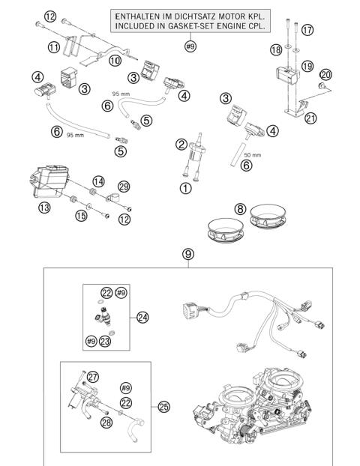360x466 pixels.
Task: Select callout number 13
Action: tap(44, 208)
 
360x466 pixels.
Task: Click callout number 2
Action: tap(181, 145)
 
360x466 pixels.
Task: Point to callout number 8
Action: tap(241, 209)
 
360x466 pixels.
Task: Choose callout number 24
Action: tap(142, 318)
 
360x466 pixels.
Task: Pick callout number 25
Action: tap(163, 407)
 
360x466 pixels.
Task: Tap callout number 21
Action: tap(310, 118)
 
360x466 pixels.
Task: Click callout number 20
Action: tap(325, 75)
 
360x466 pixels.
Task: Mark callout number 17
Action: tap(307, 30)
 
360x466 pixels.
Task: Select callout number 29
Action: tap(124, 187)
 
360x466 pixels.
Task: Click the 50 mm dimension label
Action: tap(252, 155)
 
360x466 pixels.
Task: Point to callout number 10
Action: tap(115, 61)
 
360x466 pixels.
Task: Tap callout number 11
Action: tap(54, 47)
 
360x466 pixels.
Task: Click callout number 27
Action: tap(92, 377)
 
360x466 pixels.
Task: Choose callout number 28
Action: tap(106, 422)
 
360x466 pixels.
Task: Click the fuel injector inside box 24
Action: tap(104, 316)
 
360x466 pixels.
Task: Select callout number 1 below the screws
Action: tap(186, 188)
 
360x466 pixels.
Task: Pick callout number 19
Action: tap(307, 66)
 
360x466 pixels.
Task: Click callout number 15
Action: tap(81, 216)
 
